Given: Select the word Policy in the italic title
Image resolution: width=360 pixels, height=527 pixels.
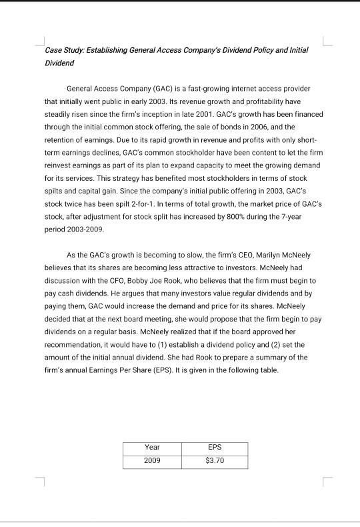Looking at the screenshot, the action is coord(254,50).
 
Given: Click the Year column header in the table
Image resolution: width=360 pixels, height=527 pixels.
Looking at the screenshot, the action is coord(153,448).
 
